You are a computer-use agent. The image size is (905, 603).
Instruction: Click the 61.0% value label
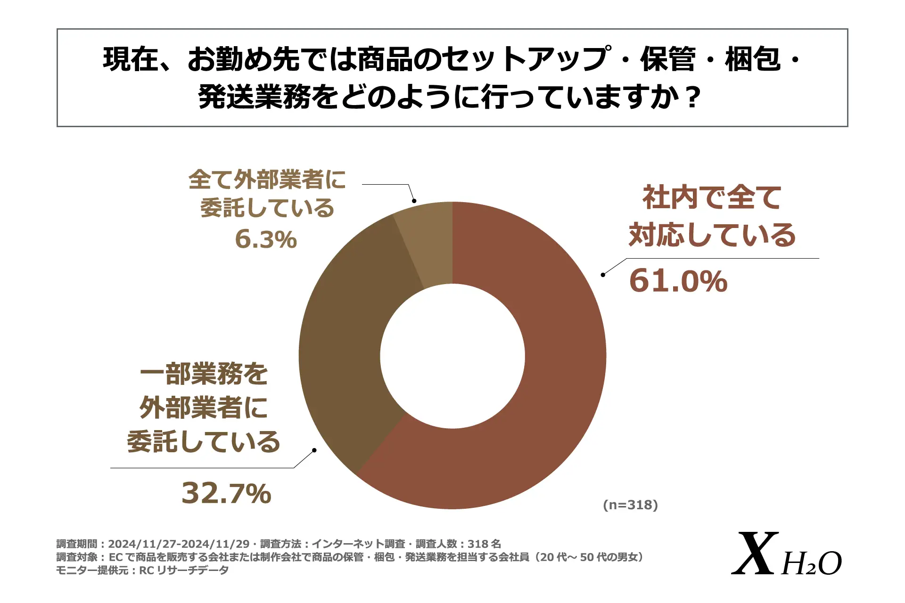point(678,281)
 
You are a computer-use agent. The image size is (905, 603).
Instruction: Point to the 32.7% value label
point(226,493)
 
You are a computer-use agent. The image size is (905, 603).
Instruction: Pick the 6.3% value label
point(266,239)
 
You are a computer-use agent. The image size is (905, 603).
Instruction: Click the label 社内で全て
point(712,197)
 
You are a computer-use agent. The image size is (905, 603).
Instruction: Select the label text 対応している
point(712,235)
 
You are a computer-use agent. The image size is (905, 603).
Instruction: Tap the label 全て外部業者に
point(267,179)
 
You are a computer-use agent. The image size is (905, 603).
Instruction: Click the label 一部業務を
point(204,374)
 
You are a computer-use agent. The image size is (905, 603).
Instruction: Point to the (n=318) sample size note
point(630,505)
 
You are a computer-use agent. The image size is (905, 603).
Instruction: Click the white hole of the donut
point(452,356)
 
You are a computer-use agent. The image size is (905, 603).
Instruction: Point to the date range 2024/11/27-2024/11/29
point(179,544)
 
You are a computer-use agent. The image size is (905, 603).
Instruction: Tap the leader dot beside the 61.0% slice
point(603,275)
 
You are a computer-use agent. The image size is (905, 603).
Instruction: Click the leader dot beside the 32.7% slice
point(314,450)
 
